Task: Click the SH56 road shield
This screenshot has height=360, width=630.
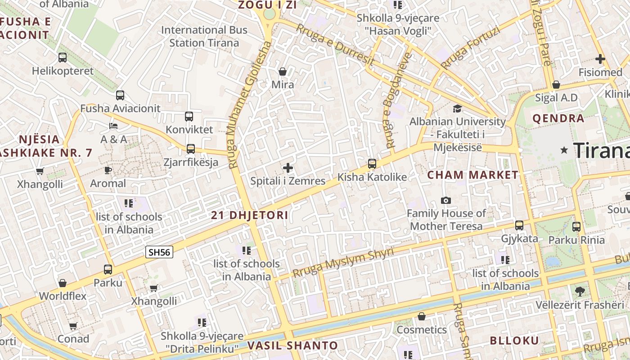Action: click(159, 252)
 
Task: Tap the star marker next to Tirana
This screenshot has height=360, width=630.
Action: click(564, 150)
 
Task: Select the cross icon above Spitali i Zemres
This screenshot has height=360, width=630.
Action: click(288, 168)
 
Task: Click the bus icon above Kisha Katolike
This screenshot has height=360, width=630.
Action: click(372, 164)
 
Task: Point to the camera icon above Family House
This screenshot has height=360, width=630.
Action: click(446, 200)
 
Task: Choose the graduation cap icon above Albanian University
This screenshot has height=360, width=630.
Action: click(457, 108)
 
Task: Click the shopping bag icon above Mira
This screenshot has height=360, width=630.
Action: click(283, 72)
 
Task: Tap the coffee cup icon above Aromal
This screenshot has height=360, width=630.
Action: click(108, 170)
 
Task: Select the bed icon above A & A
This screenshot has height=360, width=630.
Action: click(113, 126)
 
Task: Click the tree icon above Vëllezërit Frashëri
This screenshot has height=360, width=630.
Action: click(580, 292)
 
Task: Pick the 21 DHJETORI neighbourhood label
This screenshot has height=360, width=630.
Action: click(249, 215)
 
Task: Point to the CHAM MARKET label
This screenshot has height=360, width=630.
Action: click(472, 175)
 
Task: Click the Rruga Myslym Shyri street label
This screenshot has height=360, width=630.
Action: click(343, 262)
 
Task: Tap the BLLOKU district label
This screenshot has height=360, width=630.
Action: click(514, 340)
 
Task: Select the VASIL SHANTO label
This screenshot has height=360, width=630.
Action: click(292, 346)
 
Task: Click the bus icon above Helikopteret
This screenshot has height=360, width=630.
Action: click(63, 58)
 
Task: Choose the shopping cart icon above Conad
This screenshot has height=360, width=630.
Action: click(73, 325)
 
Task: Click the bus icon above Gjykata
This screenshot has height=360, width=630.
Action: click(519, 225)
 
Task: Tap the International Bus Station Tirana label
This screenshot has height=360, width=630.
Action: click(204, 36)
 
